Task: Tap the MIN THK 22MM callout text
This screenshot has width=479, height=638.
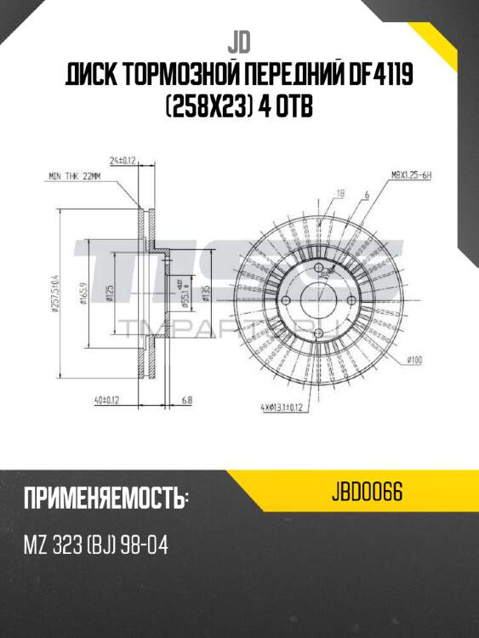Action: pyautogui.click(x=76, y=178)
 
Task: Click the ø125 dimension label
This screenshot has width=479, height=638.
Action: pyautogui.click(x=111, y=293)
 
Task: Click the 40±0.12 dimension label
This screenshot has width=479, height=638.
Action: pyautogui.click(x=106, y=398)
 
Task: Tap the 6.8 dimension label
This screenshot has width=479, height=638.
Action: pyautogui.click(x=188, y=398)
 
